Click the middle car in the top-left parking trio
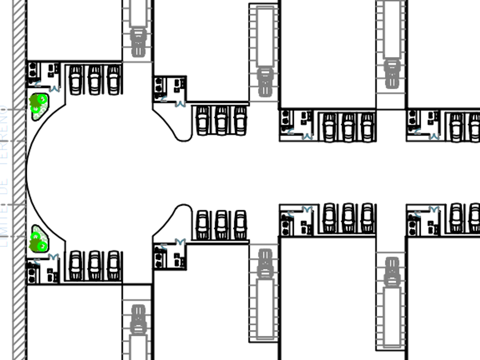point(95,79)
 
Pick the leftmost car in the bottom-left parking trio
point(75,265)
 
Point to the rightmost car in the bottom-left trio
point(114,265)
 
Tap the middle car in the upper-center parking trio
point(221,120)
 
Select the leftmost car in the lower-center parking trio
point(202,225)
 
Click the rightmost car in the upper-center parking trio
point(240,120)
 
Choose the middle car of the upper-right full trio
point(348,126)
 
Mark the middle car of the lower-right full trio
point(348,218)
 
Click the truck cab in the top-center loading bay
point(264,82)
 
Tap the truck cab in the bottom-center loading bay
point(264,264)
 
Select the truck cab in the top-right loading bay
point(391,74)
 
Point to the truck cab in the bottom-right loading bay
point(391,272)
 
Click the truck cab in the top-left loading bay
point(138,42)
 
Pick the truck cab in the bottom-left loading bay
point(138,320)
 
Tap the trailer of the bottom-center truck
point(264,309)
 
